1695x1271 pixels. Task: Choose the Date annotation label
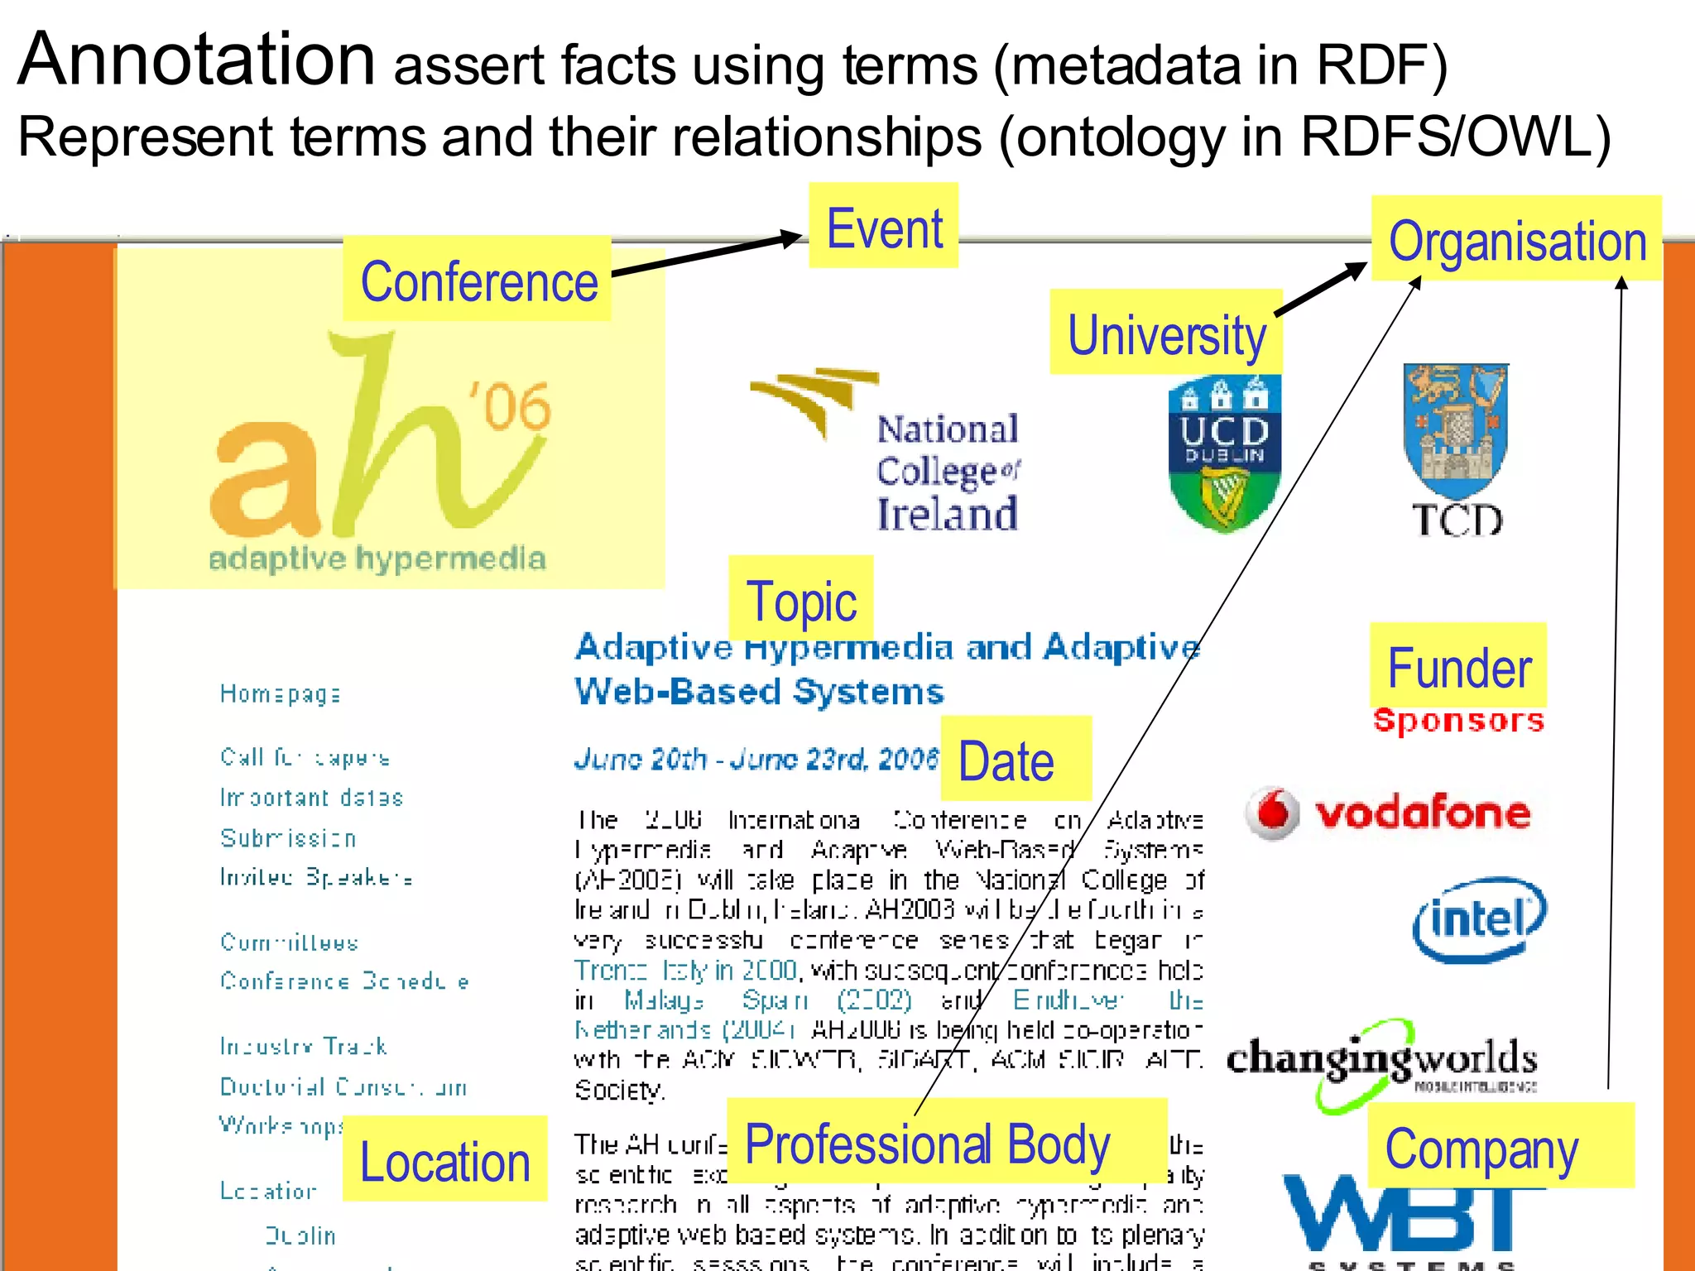[x=1015, y=759]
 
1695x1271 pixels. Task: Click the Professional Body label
[x=927, y=1143]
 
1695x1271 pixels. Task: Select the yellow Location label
[x=444, y=1159]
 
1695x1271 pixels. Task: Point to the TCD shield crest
[x=1456, y=430]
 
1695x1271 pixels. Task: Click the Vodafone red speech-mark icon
[x=1273, y=813]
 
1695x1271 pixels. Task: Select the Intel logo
[x=1478, y=919]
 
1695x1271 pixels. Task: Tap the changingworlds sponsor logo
[x=1381, y=1062]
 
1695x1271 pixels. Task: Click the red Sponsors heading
[x=1458, y=721]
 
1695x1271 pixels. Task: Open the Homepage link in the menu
[x=280, y=693]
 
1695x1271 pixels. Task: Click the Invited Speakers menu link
[x=315, y=877]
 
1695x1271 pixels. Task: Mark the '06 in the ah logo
[x=510, y=405]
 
